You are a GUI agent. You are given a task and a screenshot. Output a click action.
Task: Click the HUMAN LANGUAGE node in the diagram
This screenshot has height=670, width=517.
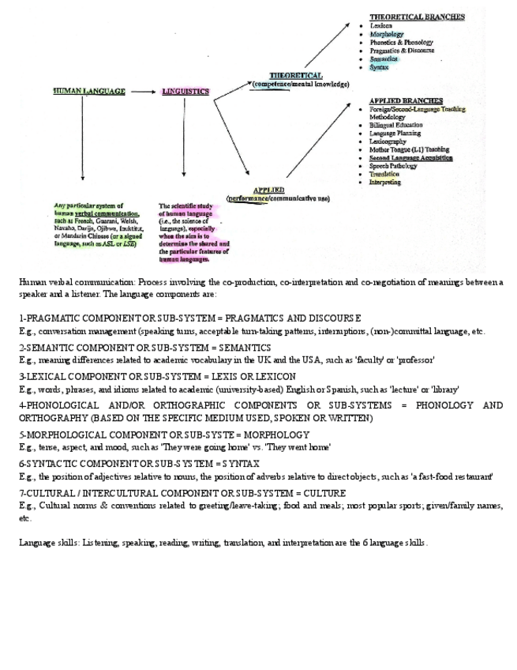[89, 92]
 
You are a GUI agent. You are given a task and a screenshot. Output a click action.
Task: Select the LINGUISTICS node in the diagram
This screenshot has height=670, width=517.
[185, 92]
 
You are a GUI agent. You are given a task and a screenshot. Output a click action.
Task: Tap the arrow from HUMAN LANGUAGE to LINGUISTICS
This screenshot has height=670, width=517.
[143, 92]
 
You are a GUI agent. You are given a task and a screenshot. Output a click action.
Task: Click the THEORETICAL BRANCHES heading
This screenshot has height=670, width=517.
[417, 17]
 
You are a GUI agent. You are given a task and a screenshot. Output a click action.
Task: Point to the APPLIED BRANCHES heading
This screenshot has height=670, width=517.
[406, 101]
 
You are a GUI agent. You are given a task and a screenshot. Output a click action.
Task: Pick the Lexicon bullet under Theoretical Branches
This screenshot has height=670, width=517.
[381, 26]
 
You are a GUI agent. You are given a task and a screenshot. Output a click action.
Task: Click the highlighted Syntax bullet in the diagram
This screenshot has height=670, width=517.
[379, 67]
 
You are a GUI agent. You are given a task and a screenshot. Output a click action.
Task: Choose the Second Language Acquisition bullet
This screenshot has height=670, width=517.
[410, 158]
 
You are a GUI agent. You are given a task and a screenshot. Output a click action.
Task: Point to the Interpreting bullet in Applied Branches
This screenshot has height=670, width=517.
[385, 182]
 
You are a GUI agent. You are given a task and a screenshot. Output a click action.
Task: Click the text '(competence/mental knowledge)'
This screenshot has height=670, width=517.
[301, 84]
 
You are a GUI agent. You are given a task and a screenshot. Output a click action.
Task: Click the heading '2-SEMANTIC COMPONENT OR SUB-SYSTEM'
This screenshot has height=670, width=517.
[144, 348]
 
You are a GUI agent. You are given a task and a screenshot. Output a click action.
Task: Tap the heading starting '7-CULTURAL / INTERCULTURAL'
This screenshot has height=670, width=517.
[182, 493]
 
